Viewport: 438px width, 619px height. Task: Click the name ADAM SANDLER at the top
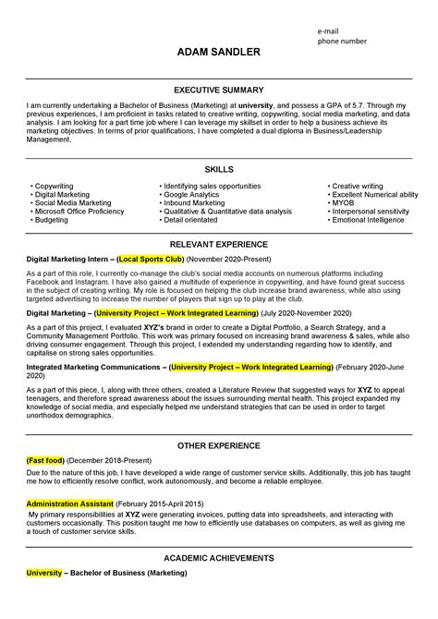tap(218, 53)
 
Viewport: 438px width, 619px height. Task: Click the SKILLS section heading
tap(218, 170)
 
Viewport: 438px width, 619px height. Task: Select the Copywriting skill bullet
tap(56, 186)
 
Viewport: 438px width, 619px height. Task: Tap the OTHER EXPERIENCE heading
tap(218, 445)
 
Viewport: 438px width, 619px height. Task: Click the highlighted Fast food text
tap(43, 459)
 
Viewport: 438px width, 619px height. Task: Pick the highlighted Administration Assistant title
tap(70, 504)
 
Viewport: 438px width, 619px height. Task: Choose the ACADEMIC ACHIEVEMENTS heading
tap(218, 559)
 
